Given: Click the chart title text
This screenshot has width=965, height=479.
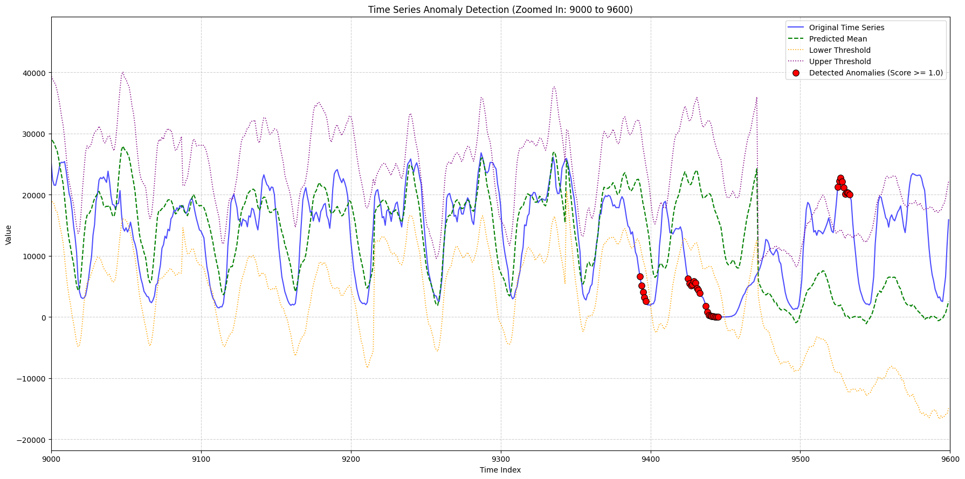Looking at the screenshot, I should pyautogui.click(x=500, y=10).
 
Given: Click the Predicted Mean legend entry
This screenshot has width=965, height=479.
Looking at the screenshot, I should pyautogui.click(x=838, y=39).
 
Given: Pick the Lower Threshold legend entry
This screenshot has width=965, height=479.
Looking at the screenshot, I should pyautogui.click(x=839, y=50).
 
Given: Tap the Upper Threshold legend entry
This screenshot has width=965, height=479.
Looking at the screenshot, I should pyautogui.click(x=840, y=61).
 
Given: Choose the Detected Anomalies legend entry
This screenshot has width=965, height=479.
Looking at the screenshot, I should pyautogui.click(x=876, y=73).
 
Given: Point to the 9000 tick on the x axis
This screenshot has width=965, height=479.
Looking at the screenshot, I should pyautogui.click(x=52, y=459).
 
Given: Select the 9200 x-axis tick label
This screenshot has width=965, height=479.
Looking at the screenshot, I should pyautogui.click(x=351, y=459).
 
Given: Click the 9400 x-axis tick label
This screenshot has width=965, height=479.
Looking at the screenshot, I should pyautogui.click(x=651, y=459).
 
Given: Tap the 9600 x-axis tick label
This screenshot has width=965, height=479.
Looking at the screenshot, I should pyautogui.click(x=950, y=459).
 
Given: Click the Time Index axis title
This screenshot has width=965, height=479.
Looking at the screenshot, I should pyautogui.click(x=500, y=470).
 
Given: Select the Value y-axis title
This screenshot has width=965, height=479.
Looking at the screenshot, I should pyautogui.click(x=9, y=235).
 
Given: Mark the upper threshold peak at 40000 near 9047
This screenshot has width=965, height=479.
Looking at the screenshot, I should pyautogui.click(x=123, y=72).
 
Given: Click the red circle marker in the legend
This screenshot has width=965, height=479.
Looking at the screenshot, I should pyautogui.click(x=796, y=73).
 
